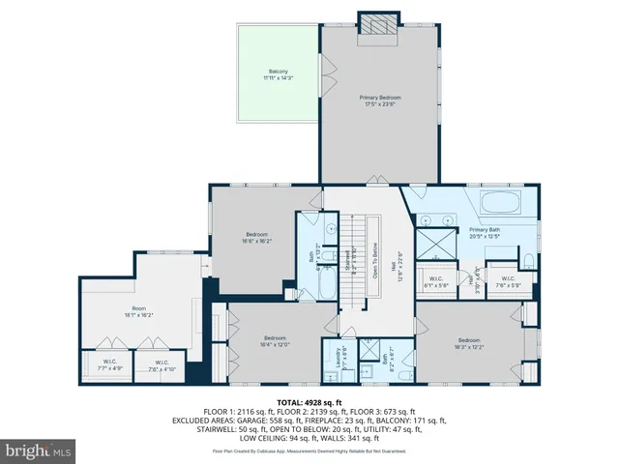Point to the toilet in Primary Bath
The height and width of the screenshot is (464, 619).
[x=529, y=260]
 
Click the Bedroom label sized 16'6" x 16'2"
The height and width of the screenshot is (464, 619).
[x=256, y=238]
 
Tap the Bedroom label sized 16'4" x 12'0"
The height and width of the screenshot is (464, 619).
[x=275, y=341]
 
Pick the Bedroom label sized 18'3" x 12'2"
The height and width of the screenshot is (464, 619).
[x=469, y=343]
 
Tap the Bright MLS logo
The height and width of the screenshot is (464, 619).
[x=39, y=450]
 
